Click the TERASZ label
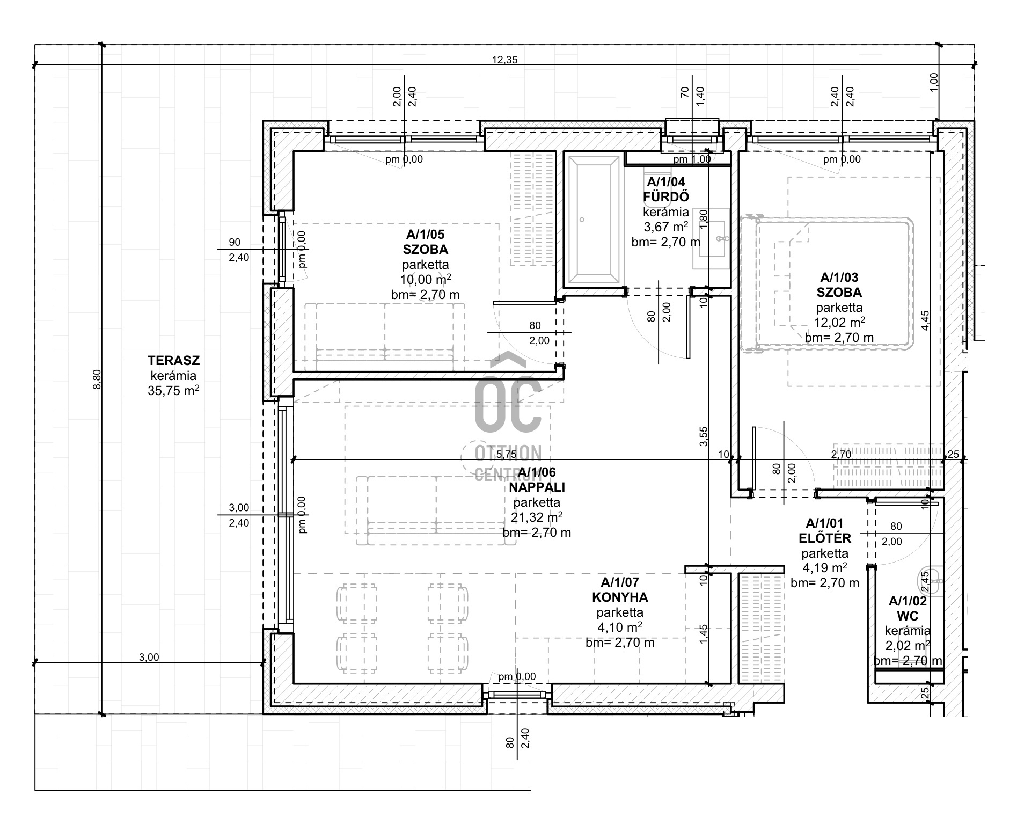click(173, 361)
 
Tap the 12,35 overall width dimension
click(505, 60)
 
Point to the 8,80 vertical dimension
click(97, 379)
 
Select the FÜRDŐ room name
click(666, 197)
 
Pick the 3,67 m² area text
click(666, 227)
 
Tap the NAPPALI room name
click(537, 487)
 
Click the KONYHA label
click(620, 597)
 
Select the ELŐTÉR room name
click(825, 538)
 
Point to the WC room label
click(908, 616)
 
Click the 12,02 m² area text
click(839, 322)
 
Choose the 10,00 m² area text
click(425, 279)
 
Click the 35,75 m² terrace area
click(173, 391)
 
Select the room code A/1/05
click(425, 234)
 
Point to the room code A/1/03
click(839, 278)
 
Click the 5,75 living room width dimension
click(506, 455)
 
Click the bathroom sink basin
click(713, 238)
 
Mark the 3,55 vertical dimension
click(704, 436)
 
